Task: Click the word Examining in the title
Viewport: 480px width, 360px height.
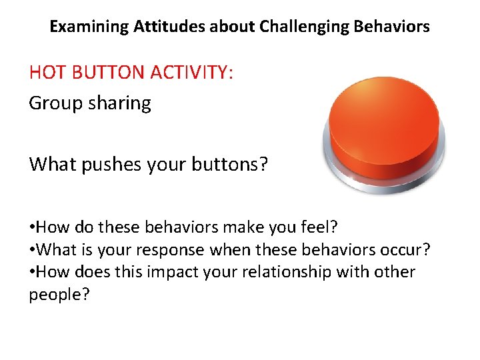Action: (89, 27)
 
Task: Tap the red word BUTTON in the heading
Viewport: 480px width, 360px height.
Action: (109, 72)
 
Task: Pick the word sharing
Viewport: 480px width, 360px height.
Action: (121, 103)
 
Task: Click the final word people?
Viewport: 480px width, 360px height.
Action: (59, 295)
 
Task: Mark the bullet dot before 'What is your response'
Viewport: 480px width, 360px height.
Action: (32, 251)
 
